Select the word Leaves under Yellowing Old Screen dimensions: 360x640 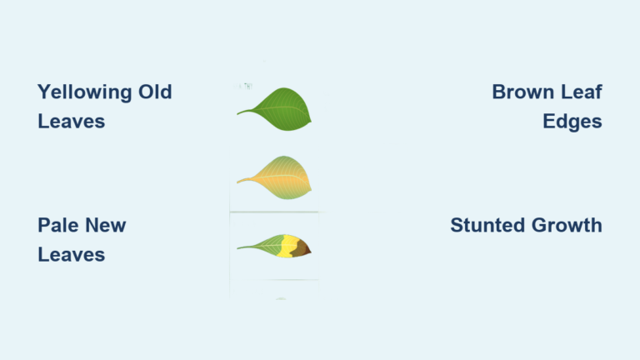coord(71,121)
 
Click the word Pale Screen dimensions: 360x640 coord(59,225)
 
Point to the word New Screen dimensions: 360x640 coord(106,225)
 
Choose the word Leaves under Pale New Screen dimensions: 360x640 coord(71,254)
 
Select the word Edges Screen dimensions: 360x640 coord(572,121)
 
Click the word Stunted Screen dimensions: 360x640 coord(489,225)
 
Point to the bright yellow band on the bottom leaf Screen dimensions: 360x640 coord(288,246)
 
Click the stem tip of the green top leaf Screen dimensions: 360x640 coord(238,113)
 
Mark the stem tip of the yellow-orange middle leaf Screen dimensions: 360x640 coord(238,181)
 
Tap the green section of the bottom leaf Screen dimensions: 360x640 coord(265,247)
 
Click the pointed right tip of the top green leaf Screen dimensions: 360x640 coord(310,123)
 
